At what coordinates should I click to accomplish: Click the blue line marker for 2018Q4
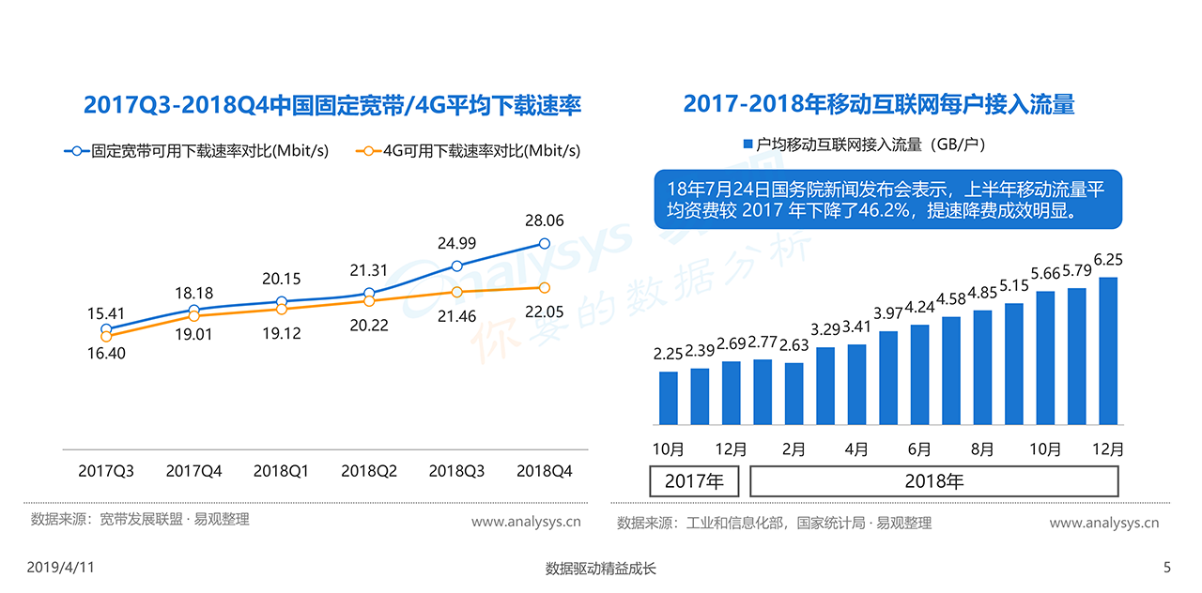click(x=545, y=244)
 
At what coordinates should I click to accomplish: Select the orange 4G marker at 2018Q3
click(x=456, y=293)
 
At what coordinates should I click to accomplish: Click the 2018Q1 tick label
click(x=281, y=471)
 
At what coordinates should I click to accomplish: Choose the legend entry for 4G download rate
click(x=470, y=150)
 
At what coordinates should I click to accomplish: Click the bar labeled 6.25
click(x=1108, y=350)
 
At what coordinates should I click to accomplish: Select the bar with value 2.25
click(x=669, y=398)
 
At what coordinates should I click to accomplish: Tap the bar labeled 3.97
click(x=888, y=377)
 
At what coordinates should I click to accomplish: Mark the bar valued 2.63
click(x=794, y=393)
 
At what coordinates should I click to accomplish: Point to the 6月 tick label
click(x=920, y=449)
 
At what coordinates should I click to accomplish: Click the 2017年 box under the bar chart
click(x=694, y=482)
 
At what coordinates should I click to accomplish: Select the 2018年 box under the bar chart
click(x=934, y=482)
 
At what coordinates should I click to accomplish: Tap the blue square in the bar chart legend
click(x=748, y=144)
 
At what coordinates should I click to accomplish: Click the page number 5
click(x=1167, y=568)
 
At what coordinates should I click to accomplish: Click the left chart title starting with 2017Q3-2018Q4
click(x=332, y=104)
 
